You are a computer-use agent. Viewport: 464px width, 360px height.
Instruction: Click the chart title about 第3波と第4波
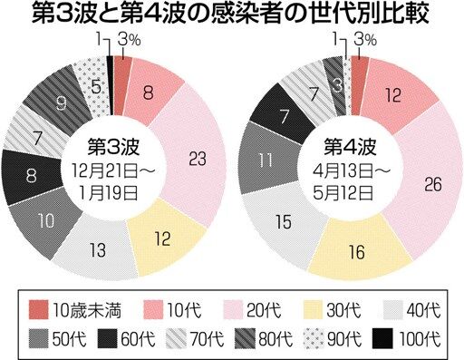(230, 15)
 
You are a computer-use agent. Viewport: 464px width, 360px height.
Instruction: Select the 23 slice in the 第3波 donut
(193, 157)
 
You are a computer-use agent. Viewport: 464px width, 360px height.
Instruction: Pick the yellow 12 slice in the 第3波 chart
(165, 238)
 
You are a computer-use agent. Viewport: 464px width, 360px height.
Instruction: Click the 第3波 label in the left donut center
(113, 147)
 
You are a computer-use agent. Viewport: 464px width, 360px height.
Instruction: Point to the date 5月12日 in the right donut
(343, 192)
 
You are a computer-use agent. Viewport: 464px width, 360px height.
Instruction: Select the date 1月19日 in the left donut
(109, 192)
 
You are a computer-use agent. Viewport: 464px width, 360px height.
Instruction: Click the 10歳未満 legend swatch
(38, 309)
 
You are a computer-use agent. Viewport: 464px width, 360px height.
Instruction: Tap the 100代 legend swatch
(382, 338)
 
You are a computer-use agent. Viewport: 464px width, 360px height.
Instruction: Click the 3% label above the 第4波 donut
(365, 40)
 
